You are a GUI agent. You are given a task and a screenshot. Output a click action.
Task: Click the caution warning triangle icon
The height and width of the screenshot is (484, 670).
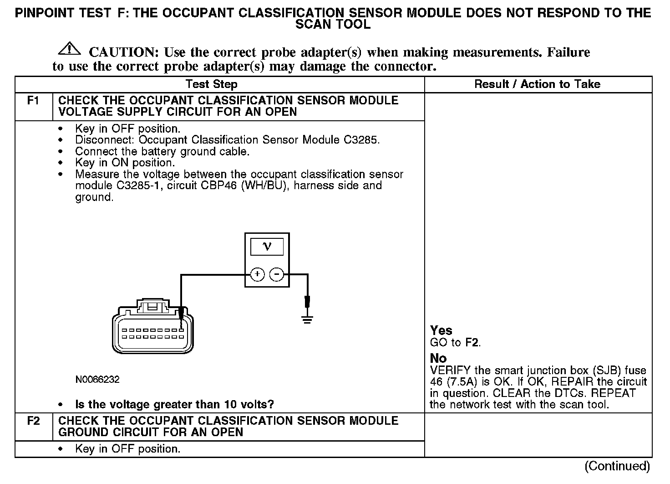point(69,48)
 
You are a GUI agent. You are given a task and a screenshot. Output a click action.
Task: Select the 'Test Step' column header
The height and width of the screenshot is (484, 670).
point(212,84)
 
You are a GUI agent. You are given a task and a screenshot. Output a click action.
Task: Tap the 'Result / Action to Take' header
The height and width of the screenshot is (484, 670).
point(537,84)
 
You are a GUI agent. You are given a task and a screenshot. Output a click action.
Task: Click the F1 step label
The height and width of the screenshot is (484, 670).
point(33,101)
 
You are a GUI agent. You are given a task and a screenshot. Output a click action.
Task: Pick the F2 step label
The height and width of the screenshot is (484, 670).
point(33,421)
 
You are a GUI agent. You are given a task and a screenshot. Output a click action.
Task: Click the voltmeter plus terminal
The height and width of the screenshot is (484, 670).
point(257,274)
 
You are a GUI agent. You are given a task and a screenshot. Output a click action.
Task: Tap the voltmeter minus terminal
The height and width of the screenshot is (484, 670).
point(277,274)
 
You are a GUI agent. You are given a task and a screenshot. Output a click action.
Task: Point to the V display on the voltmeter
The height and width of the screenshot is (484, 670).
point(267,247)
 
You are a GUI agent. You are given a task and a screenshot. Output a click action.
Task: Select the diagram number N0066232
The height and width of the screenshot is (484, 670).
point(98,379)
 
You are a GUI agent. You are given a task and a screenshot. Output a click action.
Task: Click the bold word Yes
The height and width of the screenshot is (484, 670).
point(441,330)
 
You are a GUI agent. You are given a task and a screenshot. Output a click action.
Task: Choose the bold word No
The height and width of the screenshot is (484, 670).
point(438,358)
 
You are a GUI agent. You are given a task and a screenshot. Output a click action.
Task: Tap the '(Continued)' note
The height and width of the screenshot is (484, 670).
point(617,466)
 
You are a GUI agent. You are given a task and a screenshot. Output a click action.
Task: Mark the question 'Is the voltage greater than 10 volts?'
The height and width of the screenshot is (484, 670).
point(174,405)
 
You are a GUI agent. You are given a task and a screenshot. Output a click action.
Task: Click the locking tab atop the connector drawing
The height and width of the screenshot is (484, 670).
point(154,306)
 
